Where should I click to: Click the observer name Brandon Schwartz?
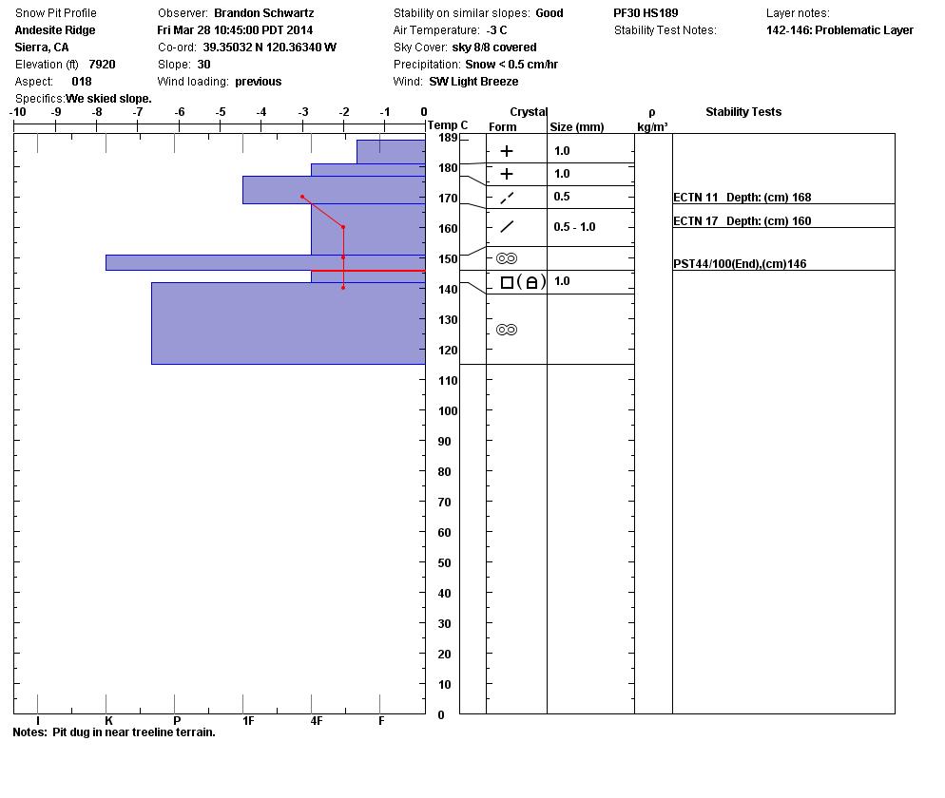pos(263,13)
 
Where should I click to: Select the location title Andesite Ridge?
pos(55,30)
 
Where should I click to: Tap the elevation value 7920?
pos(102,65)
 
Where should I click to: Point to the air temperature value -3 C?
pos(496,30)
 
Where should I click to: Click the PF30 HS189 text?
pos(646,13)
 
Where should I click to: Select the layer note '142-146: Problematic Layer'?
pos(839,30)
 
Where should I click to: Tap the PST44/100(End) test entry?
pos(739,264)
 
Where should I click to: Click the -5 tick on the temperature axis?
pos(221,113)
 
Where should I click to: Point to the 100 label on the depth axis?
pos(447,411)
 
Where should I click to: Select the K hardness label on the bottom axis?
pos(108,721)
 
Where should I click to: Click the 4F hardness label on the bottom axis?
pos(317,721)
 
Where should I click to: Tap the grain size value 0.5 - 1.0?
pos(574,227)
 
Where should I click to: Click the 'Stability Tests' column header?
pos(742,112)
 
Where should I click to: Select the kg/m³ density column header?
pos(652,126)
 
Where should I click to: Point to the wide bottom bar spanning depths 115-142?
pos(287,323)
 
